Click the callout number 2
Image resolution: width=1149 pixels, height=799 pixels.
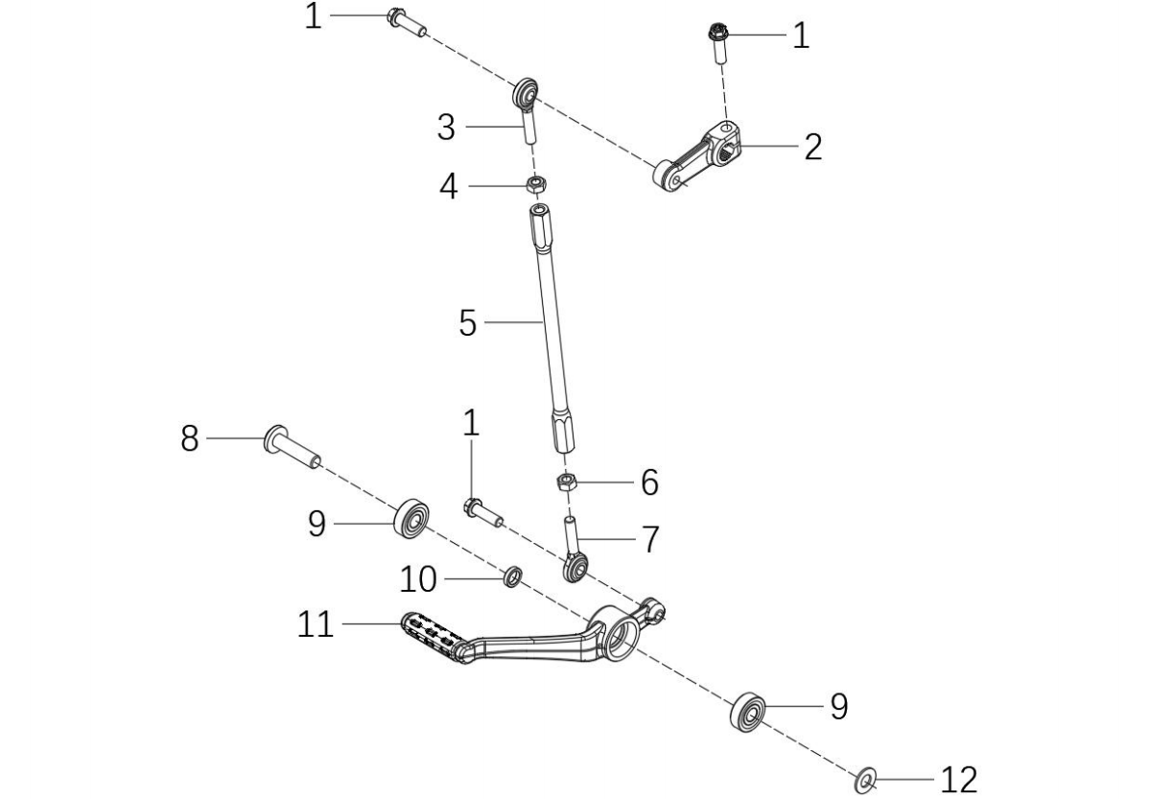click(812, 147)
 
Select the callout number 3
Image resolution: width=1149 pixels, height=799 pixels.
click(446, 128)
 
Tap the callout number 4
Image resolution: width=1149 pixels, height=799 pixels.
click(449, 187)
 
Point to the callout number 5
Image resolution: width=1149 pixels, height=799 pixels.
click(467, 322)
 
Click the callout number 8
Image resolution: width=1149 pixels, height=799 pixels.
click(190, 439)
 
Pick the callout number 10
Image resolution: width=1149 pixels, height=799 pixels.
click(417, 579)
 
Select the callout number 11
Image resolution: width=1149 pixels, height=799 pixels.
click(316, 625)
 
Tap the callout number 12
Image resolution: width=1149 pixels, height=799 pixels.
click(958, 779)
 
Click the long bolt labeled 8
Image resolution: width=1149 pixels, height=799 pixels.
click(293, 447)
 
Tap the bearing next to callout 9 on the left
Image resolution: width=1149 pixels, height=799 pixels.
click(410, 520)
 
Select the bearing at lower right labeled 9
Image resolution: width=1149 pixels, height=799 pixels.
click(748, 711)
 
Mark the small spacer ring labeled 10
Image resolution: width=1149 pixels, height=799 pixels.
click(513, 576)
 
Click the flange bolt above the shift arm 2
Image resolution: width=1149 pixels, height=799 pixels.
click(717, 44)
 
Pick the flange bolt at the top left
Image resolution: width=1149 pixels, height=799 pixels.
click(406, 22)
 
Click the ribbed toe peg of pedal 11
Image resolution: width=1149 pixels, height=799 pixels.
click(434, 636)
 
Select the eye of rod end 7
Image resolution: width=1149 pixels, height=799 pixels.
click(575, 568)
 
